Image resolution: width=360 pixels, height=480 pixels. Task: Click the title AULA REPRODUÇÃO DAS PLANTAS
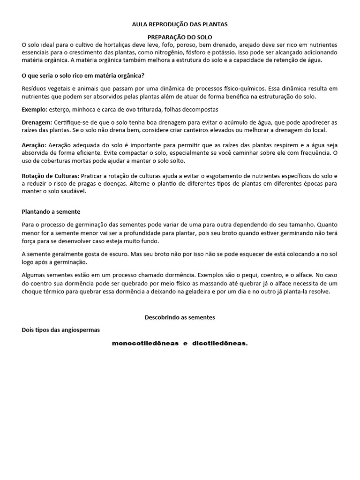pyautogui.click(x=180, y=24)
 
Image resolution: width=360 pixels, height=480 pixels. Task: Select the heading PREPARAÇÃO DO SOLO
pyautogui.click(x=180, y=37)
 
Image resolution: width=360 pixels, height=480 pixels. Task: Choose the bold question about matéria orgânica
pyautogui.click(x=83, y=75)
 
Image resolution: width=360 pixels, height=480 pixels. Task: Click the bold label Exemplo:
pyautogui.click(x=35, y=109)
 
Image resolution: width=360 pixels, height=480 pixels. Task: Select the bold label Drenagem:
pyautogui.click(x=37, y=122)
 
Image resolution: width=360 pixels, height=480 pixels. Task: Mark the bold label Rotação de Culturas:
pyautogui.click(x=51, y=176)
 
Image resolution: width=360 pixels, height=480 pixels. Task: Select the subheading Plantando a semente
pyautogui.click(x=51, y=211)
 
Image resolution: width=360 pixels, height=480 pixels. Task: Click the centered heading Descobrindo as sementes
pyautogui.click(x=180, y=317)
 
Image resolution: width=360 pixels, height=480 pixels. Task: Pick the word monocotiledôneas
pyautogui.click(x=145, y=344)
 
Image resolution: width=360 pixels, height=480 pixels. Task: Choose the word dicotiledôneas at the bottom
pyautogui.click(x=219, y=344)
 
